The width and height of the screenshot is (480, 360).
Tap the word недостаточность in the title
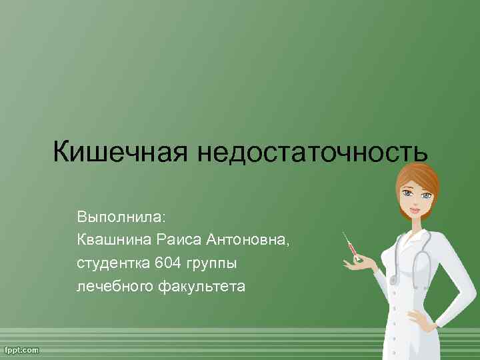click(313, 153)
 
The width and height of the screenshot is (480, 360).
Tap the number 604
click(167, 263)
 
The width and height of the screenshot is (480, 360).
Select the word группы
click(212, 264)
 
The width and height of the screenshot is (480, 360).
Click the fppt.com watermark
click(22, 350)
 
